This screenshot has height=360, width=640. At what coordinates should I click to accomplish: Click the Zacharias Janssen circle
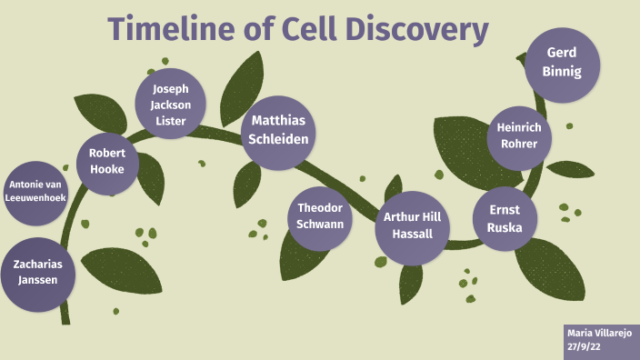pos(36,273)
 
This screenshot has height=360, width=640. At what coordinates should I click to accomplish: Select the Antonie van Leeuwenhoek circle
pos(35,192)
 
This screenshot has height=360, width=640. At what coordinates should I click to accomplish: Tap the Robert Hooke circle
pos(107,162)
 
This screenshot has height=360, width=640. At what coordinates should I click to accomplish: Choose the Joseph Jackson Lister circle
pos(170,104)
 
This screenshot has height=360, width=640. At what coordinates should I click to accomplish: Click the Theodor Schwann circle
pos(320,215)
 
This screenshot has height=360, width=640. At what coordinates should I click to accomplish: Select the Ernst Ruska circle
pos(505,218)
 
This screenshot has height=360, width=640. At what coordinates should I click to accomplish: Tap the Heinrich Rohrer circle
pos(518,136)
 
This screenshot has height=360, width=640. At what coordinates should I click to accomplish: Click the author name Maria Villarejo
pos(600,333)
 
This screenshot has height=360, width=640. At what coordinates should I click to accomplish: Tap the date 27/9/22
pos(584,346)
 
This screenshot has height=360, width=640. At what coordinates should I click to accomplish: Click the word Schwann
pos(320,224)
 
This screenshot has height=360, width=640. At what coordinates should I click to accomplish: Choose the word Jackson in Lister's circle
pos(170,104)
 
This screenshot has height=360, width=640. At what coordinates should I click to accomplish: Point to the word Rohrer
pos(518,144)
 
